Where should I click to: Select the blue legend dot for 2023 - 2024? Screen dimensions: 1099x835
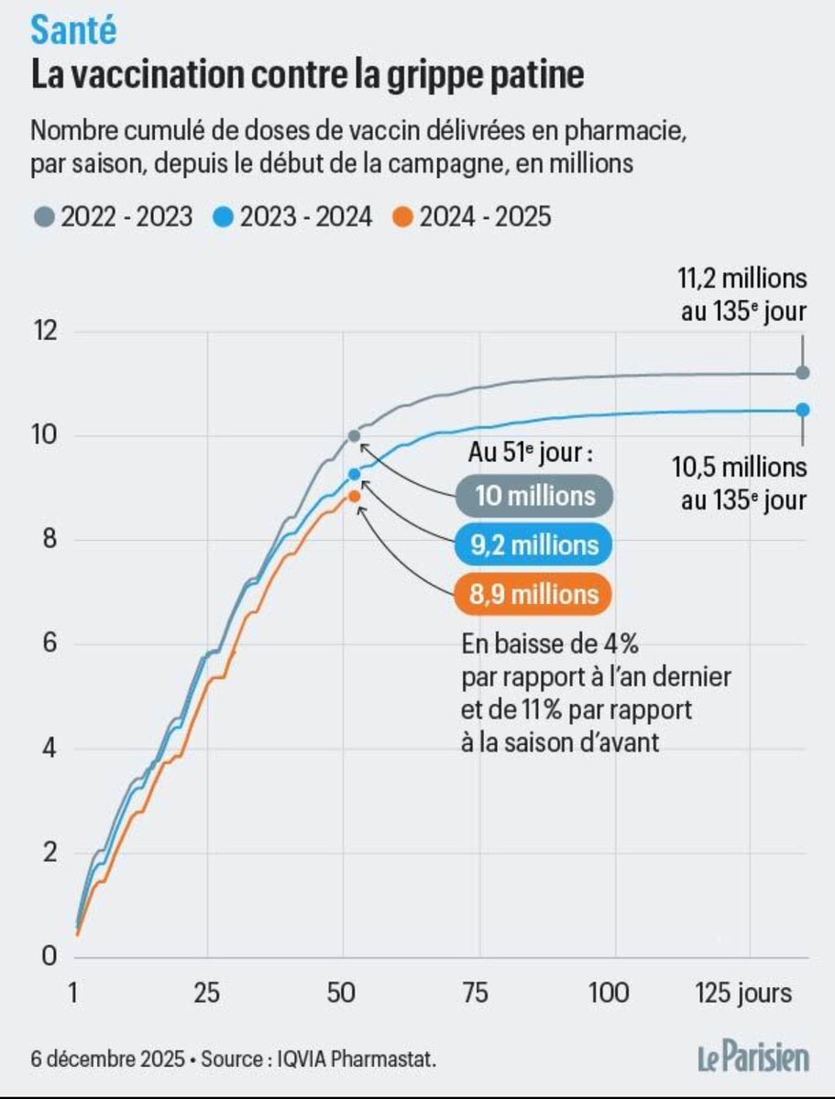pyautogui.click(x=225, y=217)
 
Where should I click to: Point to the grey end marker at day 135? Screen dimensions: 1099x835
pyautogui.click(x=803, y=372)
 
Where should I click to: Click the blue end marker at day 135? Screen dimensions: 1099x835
pyautogui.click(x=803, y=410)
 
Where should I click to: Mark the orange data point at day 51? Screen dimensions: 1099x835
pyautogui.click(x=354, y=496)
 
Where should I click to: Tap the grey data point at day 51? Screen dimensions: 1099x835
pyautogui.click(x=354, y=436)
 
